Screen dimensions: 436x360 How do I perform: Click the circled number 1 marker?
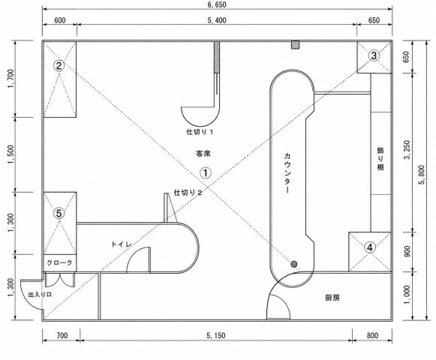pos(206,173)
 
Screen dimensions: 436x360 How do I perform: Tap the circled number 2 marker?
pos(59,66)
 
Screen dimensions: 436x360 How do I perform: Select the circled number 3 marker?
pos(374,55)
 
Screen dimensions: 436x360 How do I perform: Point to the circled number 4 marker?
pos(370,247)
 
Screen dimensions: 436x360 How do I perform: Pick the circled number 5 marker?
pos(59,214)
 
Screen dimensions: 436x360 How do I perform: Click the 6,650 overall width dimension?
pos(217,4)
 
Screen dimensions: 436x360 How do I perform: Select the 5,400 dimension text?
pos(217,20)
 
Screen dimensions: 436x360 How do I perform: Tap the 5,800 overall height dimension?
pos(422,175)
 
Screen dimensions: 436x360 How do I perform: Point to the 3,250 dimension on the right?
pos(407,149)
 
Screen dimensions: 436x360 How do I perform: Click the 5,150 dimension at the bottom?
pos(216,335)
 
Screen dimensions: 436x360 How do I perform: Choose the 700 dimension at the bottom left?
pos(62,335)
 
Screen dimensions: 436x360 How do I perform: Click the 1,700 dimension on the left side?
pos(11,79)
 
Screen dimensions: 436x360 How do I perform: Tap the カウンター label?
pos(287,173)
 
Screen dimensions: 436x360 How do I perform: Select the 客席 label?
pos(203,154)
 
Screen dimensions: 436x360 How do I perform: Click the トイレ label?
pos(122,244)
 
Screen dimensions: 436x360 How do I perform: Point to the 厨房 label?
pos(332,298)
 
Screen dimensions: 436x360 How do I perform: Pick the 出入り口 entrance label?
pos(40,295)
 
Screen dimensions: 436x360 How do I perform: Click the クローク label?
pos(59,262)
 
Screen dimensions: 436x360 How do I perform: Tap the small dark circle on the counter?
pos(294,264)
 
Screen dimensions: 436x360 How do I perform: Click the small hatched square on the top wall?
pos(296,45)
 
